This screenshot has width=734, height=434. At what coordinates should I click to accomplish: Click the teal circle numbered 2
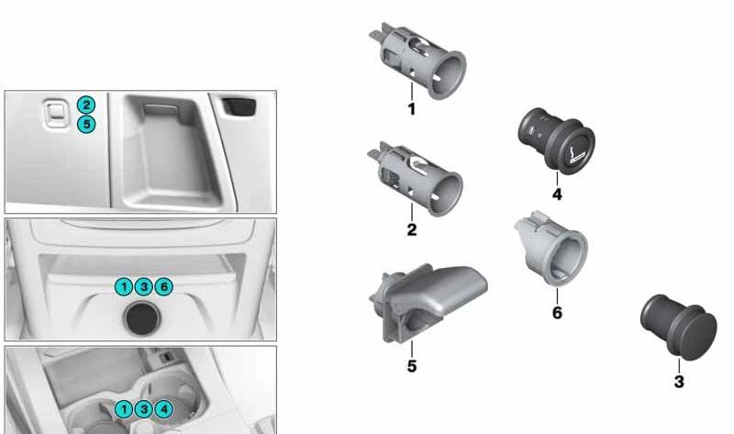86,105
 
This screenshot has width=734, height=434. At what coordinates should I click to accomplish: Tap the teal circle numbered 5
86,124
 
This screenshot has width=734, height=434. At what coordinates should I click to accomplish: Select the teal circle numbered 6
164,286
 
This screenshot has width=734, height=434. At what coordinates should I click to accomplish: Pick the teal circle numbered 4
164,409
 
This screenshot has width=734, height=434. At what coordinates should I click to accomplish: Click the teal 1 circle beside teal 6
124,286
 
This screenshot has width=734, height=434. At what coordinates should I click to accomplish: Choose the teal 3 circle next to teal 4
144,409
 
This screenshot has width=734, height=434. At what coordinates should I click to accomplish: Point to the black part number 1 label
411,109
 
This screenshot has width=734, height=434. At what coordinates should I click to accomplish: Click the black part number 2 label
411,229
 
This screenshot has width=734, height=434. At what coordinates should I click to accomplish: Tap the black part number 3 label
679,382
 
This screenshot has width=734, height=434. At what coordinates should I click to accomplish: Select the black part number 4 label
557,195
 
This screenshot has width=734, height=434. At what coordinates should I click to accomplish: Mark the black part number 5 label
411,366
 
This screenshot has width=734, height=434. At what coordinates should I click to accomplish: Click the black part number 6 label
557,312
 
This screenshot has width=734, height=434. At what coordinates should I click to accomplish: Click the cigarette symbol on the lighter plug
576,155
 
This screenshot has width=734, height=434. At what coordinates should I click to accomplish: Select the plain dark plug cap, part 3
678,327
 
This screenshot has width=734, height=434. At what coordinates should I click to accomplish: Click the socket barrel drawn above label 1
417,61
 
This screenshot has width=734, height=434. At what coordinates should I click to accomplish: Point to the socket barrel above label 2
416,179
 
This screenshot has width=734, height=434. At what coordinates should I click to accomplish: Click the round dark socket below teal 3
142,318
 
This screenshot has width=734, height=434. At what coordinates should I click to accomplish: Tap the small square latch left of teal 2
55,113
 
